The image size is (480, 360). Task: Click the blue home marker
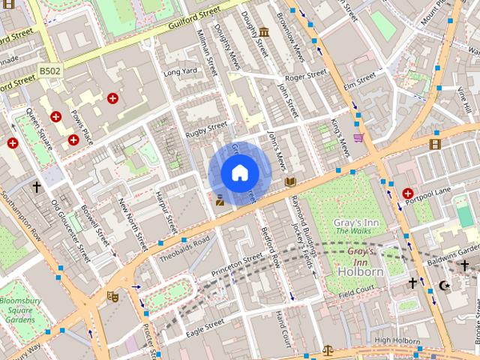tap(239, 173)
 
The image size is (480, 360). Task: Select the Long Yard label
tap(180, 72)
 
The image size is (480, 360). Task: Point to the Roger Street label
tap(306, 74)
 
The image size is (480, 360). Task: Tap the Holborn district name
tap(361, 272)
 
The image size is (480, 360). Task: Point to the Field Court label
tap(355, 289)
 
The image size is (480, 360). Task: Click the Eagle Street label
tap(204, 325)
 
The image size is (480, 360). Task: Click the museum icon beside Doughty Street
tap(264, 31)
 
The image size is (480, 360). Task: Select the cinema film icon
tap(436, 143)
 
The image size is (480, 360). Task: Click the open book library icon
tap(290, 181)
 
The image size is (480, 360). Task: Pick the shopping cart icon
tap(358, 138)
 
